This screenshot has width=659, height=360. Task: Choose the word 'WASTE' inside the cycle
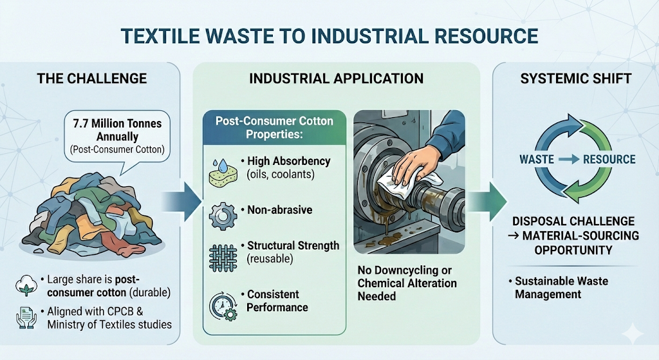(x=535, y=159)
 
